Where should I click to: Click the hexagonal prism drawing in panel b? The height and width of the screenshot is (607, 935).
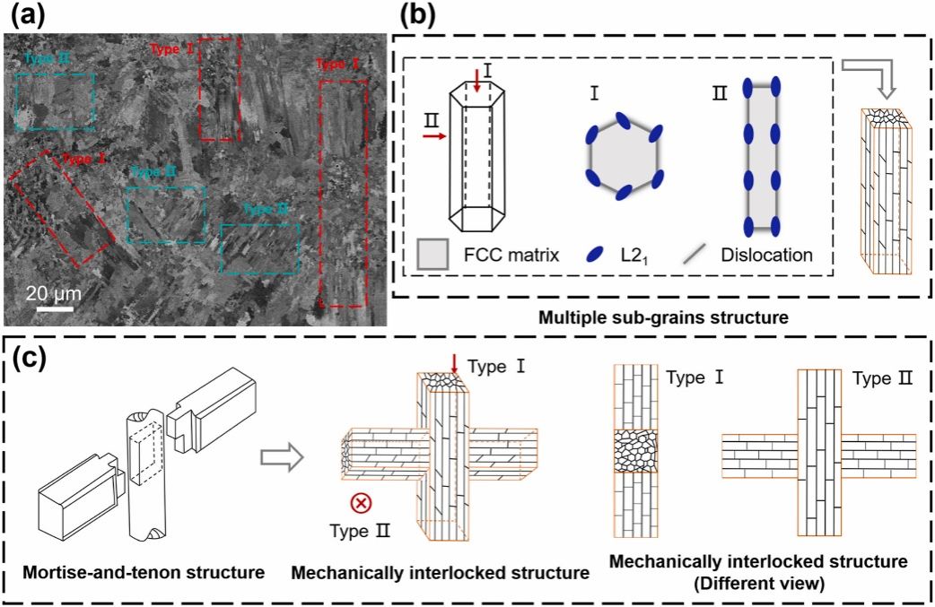(x=476, y=152)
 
